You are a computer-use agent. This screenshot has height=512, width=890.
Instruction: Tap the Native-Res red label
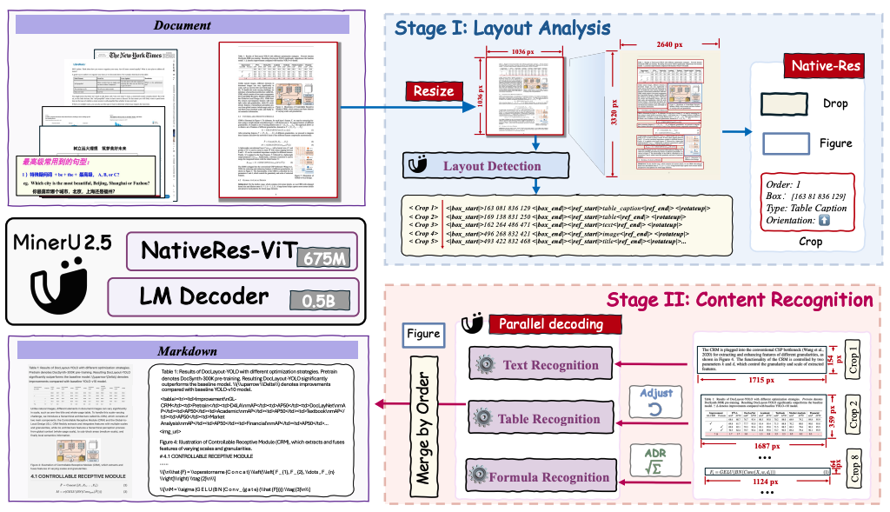821,66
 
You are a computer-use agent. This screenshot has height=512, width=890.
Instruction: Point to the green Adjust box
656,398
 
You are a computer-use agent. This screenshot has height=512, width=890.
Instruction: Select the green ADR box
656,459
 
